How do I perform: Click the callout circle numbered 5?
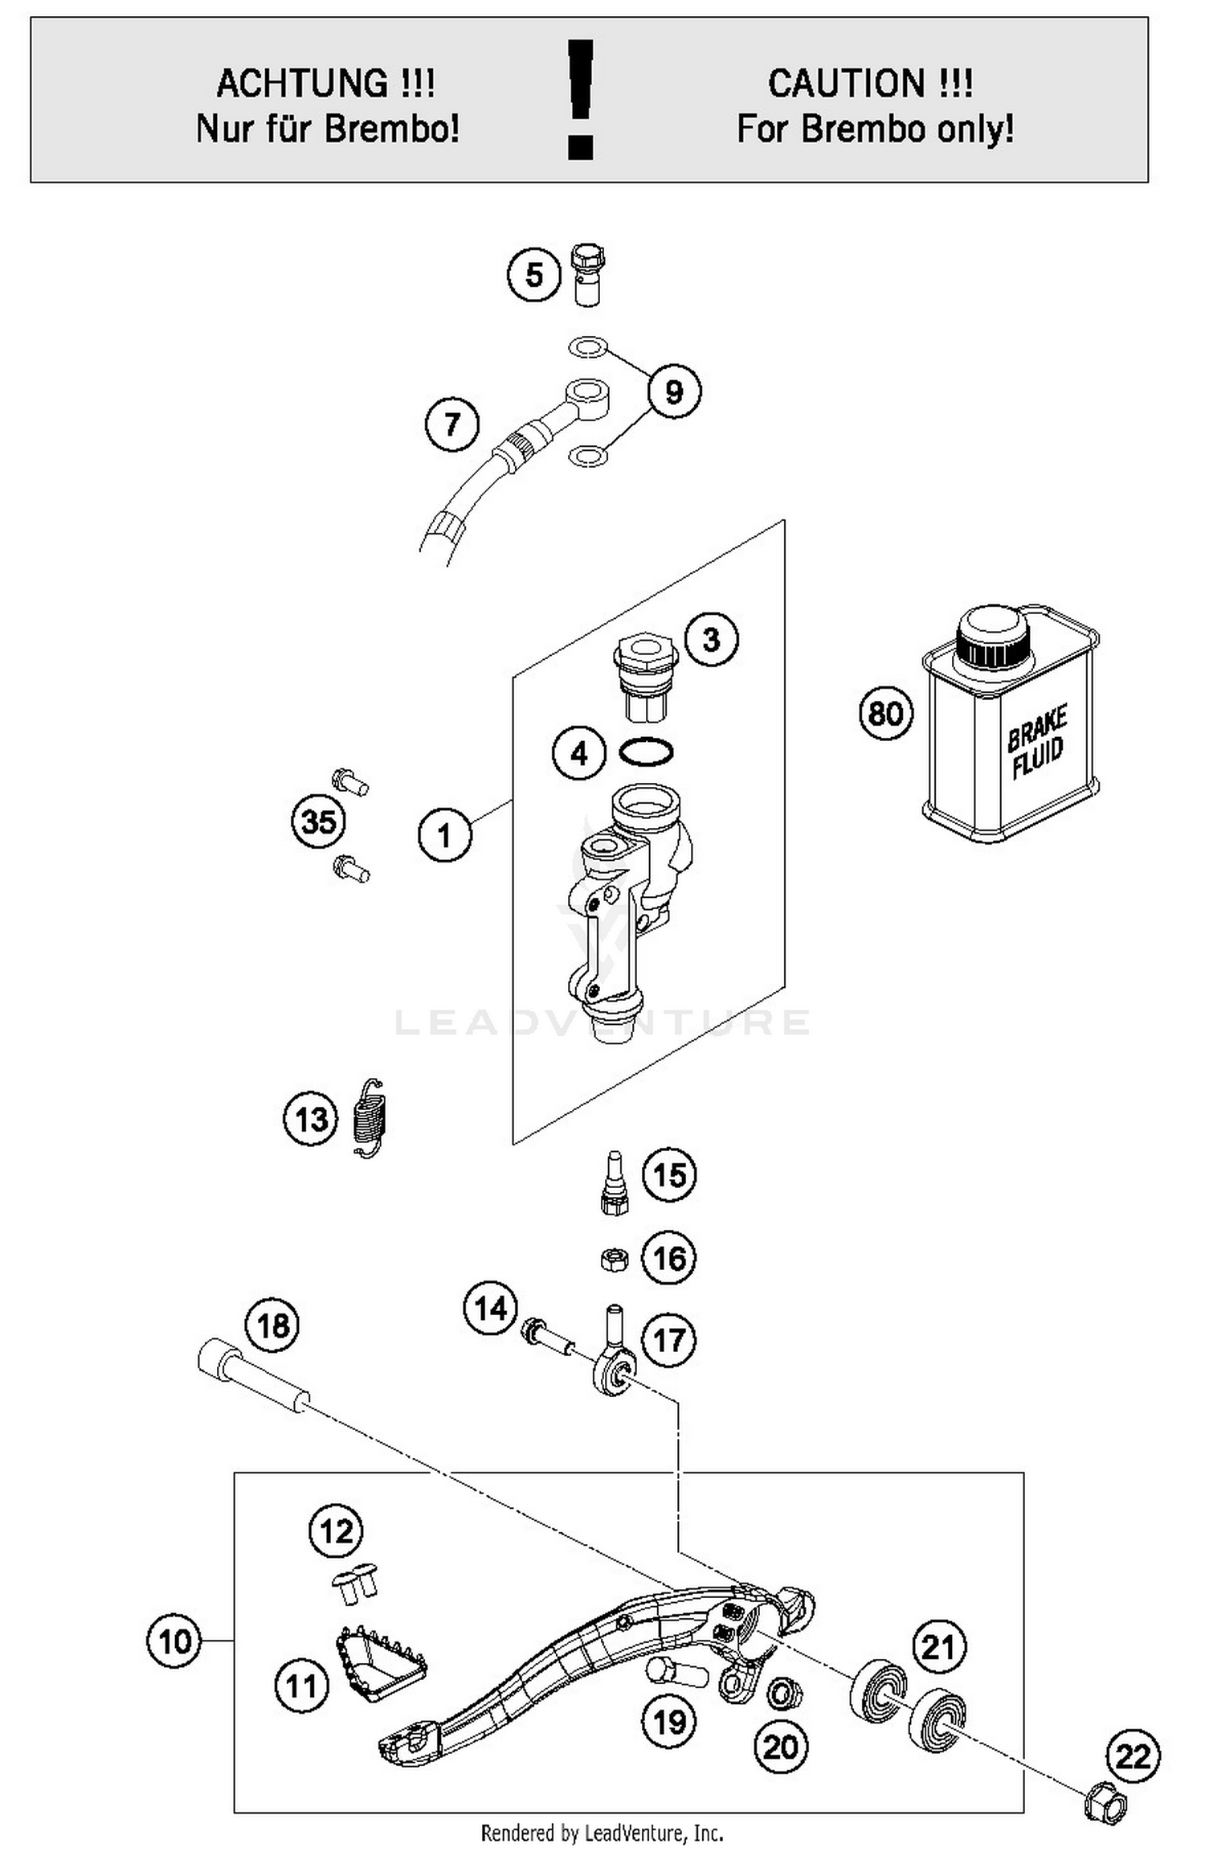point(534,276)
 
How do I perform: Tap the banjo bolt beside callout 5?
point(587,274)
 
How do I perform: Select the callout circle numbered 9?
point(673,391)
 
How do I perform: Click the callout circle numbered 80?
point(886,713)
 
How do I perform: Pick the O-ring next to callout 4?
point(646,752)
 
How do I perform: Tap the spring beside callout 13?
point(370,1117)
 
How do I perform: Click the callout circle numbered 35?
point(318,822)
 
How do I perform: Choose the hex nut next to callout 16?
point(614,1258)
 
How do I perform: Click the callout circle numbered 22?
point(1134,1756)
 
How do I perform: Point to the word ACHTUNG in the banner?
point(302,84)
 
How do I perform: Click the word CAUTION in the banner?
point(846,84)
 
